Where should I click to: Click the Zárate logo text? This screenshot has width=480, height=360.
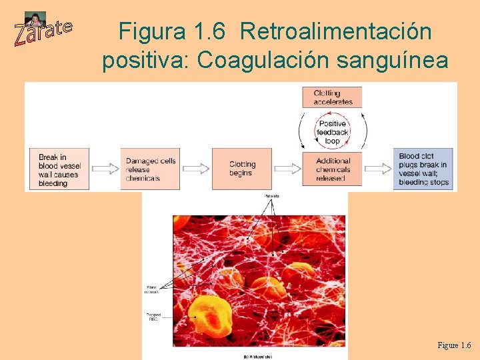pyautogui.click(x=43, y=31)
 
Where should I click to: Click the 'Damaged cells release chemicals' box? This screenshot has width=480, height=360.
pyautogui.click(x=151, y=170)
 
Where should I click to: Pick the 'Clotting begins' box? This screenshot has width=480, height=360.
pyautogui.click(x=242, y=169)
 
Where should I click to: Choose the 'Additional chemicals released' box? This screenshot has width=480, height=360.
pyautogui.click(x=333, y=169)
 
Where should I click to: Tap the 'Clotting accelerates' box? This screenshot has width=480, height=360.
pyautogui.click(x=333, y=97)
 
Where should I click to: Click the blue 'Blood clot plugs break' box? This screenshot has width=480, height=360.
pyautogui.click(x=423, y=169)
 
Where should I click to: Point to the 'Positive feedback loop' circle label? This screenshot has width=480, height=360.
pyautogui.click(x=333, y=132)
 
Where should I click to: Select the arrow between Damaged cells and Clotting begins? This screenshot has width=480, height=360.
pyautogui.click(x=197, y=169)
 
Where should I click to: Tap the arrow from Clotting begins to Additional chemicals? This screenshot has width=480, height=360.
pyautogui.click(x=288, y=169)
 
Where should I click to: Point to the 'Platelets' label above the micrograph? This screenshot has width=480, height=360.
pyautogui.click(x=271, y=196)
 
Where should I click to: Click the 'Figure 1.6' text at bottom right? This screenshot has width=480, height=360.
pyautogui.click(x=453, y=345)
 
